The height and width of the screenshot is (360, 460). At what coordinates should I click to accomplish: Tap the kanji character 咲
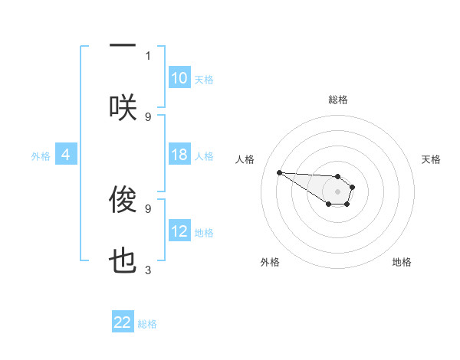pyautogui.click(x=123, y=108)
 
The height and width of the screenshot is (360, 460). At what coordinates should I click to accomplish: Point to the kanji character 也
pyautogui.click(x=123, y=261)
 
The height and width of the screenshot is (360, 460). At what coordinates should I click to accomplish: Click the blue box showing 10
pyautogui.click(x=179, y=78)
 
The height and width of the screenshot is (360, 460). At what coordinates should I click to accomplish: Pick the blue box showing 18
pyautogui.click(x=179, y=155)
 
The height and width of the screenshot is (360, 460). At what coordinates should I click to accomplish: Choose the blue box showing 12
pyautogui.click(x=179, y=231)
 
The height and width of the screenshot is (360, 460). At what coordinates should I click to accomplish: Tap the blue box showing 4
pyautogui.click(x=66, y=155)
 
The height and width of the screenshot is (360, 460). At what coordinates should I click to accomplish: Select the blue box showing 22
pyautogui.click(x=123, y=322)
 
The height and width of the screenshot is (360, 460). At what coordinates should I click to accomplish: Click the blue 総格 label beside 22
pyautogui.click(x=147, y=324)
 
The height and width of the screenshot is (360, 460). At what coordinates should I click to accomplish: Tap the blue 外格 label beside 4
pyautogui.click(x=41, y=156)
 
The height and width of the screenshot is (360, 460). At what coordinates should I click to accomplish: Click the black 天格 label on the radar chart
pyautogui.click(x=431, y=159)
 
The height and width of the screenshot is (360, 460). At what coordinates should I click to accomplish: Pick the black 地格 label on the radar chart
pyautogui.click(x=402, y=262)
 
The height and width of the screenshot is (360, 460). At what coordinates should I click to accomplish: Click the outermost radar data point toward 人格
pyautogui.click(x=279, y=172)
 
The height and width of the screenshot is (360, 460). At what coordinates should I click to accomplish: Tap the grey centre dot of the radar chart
pyautogui.click(x=337, y=191)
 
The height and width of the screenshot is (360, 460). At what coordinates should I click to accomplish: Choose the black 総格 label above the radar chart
pyautogui.click(x=338, y=100)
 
